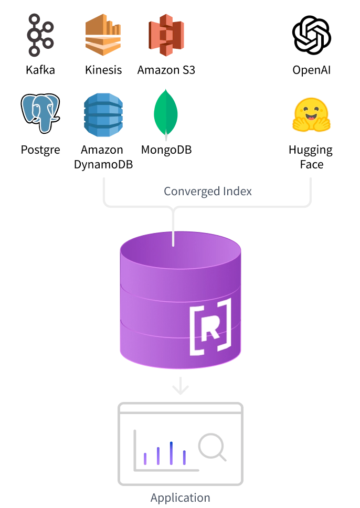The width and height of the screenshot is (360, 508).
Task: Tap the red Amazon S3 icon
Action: click(166, 35)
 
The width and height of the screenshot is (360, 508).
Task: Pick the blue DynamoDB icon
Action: click(103, 114)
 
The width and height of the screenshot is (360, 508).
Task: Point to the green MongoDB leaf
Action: click(166, 112)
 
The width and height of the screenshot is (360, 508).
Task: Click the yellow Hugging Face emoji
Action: click(312, 114)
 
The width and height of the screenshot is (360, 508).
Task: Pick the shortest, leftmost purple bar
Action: click(145, 458)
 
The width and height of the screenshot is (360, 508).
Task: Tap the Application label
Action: click(180, 498)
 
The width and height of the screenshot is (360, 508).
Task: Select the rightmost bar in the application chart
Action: click(184, 457)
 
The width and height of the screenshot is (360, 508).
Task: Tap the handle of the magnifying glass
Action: click(223, 458)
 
